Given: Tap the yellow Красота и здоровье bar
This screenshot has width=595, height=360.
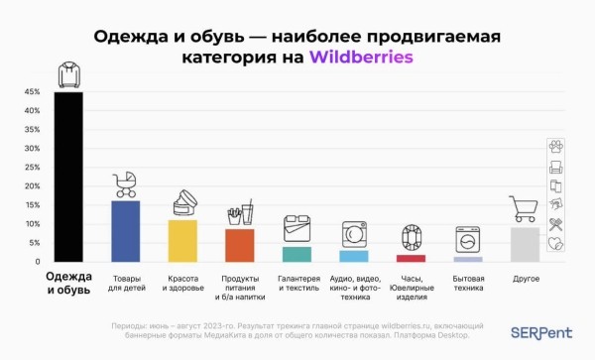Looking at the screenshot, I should [182, 240].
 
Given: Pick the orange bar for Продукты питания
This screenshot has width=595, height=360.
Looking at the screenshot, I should [240, 244].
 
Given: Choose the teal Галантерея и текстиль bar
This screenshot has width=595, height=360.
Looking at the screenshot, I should [297, 254].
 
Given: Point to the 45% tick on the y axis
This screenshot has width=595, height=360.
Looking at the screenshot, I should [31, 92].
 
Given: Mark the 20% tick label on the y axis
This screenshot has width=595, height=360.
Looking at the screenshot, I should [31, 186].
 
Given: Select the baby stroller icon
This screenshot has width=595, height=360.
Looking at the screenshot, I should [126, 184].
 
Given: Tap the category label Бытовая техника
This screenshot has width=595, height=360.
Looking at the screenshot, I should [468, 284].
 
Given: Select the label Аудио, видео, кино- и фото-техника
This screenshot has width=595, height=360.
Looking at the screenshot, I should [354, 288].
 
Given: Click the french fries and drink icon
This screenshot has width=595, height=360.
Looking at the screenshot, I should [240, 212].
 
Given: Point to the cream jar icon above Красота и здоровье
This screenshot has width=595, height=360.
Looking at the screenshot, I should [183, 204].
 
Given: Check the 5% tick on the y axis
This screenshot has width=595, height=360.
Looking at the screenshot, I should [33, 243].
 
